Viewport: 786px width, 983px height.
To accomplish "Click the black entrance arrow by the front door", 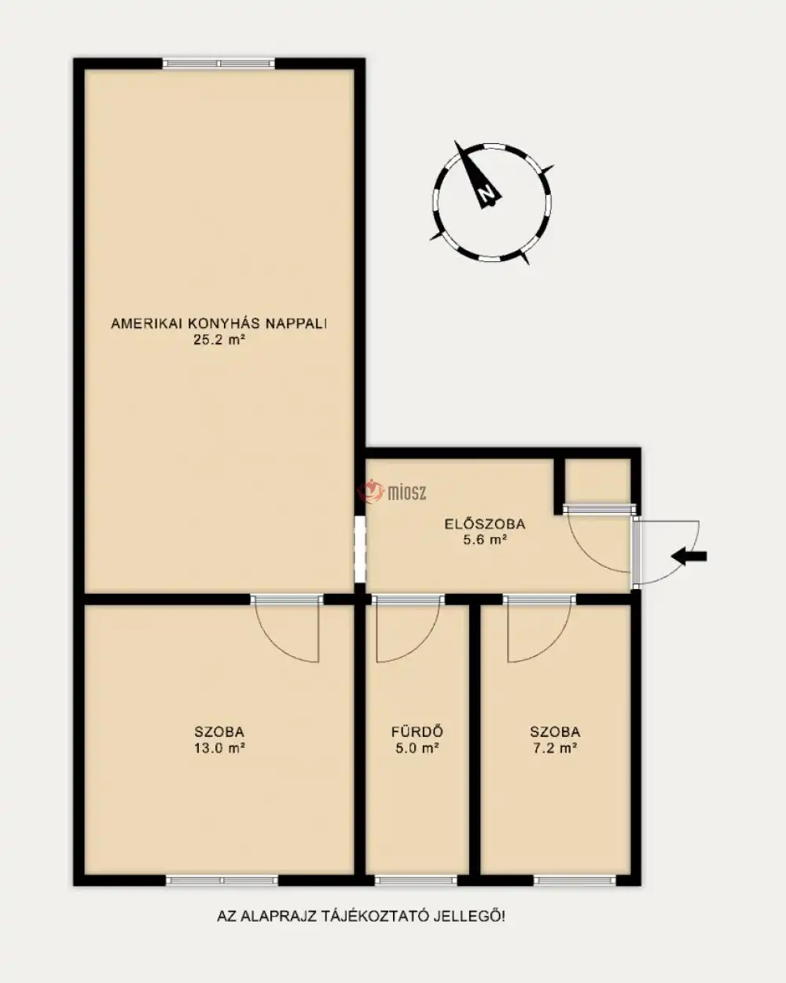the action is [x=689, y=556].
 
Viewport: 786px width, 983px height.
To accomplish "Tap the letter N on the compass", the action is [x=486, y=193].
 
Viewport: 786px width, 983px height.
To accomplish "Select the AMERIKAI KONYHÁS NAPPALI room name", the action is [x=219, y=323].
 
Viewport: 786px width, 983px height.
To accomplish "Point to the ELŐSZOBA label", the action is [x=485, y=524].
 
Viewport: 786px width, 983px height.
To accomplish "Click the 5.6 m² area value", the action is [x=485, y=540].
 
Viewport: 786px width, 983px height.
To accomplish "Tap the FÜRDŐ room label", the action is [x=417, y=732].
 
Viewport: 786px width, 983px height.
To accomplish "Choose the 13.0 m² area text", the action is [x=219, y=748].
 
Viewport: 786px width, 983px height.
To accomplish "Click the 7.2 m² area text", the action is [x=555, y=748].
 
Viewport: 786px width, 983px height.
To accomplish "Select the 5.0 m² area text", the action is [x=417, y=748].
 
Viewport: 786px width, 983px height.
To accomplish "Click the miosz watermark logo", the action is [x=393, y=492].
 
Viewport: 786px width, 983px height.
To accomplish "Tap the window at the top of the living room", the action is [x=219, y=63].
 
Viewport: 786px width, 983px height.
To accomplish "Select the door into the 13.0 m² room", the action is [x=287, y=628].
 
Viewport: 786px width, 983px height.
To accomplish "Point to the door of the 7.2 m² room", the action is [x=539, y=628].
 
